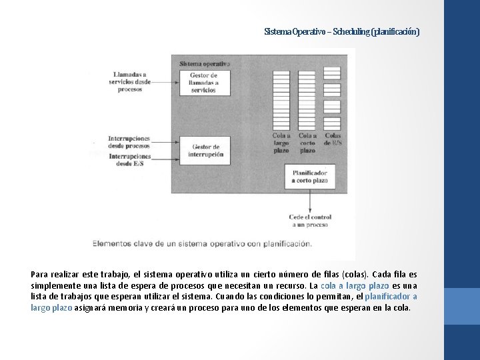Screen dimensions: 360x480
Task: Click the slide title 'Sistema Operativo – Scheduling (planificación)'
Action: click(x=341, y=32)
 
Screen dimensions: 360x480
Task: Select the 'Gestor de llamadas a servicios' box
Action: click(x=203, y=83)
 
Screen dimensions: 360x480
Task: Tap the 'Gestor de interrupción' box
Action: click(x=203, y=150)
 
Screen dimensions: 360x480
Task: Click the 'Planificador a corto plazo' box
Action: click(x=309, y=176)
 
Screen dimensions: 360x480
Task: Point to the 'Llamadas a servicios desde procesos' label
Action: click(x=130, y=81)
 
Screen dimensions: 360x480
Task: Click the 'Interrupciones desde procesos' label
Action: click(x=129, y=142)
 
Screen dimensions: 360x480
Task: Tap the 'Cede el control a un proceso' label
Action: click(x=309, y=221)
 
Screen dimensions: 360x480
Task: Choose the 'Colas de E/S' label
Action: click(x=333, y=139)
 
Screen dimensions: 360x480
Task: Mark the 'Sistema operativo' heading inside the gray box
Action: click(x=204, y=63)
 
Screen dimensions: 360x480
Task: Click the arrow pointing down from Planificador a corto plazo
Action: click(x=309, y=200)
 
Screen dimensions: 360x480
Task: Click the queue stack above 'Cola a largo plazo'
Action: click(x=281, y=99)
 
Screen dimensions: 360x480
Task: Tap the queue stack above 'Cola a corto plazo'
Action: click(x=307, y=99)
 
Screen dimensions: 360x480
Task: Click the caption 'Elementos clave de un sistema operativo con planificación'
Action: click(x=202, y=243)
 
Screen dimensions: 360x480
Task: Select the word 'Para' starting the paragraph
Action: click(x=39, y=274)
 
